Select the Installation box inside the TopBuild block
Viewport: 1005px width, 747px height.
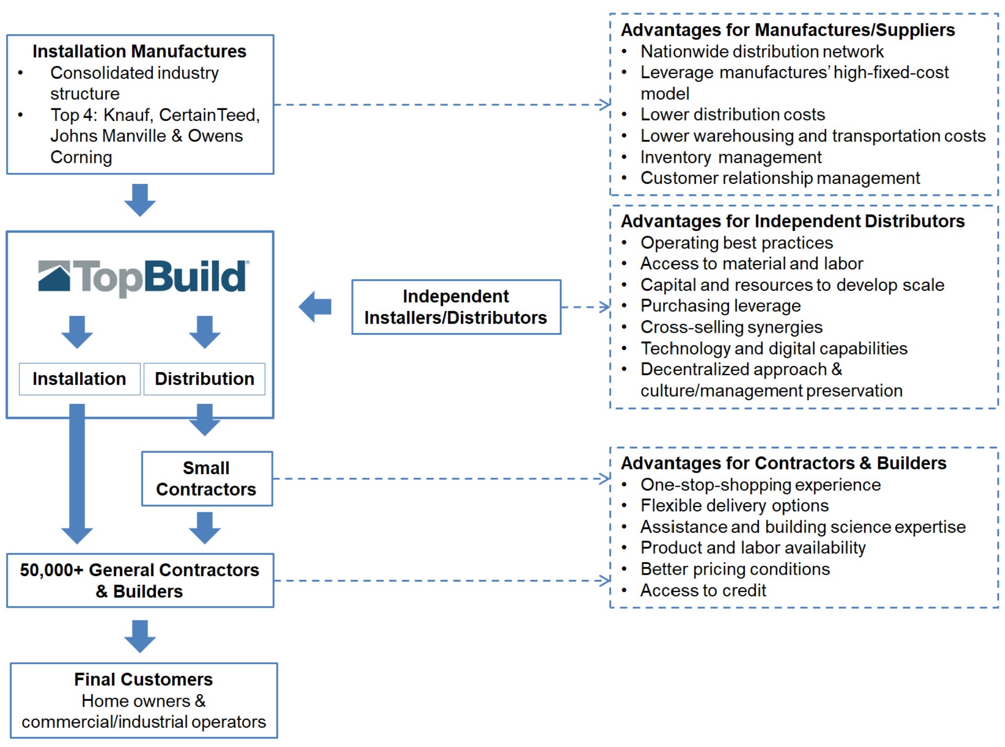coord(79,379)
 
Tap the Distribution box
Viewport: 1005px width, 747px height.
coord(204,379)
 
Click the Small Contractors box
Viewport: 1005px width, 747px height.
coord(206,478)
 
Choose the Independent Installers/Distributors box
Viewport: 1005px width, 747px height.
coord(456,307)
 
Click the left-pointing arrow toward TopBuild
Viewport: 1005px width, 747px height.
coord(315,307)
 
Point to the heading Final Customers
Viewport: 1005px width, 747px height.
coord(143,679)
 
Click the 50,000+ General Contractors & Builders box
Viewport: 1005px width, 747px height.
coord(140,580)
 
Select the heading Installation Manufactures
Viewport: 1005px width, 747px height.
coord(139,51)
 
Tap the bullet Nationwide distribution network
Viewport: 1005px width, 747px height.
coord(761,52)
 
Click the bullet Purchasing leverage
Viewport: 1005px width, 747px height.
coord(720,306)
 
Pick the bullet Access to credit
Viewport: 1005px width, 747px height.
coord(703,590)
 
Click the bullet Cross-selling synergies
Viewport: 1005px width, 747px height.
coord(731,327)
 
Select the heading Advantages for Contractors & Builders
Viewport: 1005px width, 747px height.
coord(783,463)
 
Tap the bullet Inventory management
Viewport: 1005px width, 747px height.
coord(731,157)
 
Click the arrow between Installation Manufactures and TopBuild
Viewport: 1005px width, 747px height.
coord(140,200)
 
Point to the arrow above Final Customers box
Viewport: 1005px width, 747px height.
coord(140,636)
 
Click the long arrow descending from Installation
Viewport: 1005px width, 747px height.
coord(77,471)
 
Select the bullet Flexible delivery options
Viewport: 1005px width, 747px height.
coord(734,506)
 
